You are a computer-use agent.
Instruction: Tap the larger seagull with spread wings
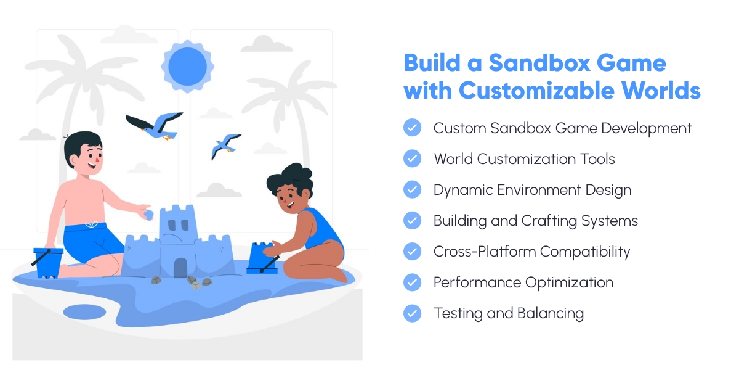tap(157, 125)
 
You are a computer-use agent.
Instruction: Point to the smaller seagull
tap(224, 146)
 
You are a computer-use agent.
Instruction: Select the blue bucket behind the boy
tap(47, 261)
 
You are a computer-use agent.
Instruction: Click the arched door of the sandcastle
tap(180, 268)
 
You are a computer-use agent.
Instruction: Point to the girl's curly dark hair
tap(290, 179)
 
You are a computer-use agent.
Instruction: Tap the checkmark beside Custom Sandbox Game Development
tap(412, 128)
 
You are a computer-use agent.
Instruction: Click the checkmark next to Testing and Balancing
tap(412, 313)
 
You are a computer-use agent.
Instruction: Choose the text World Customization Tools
tap(524, 159)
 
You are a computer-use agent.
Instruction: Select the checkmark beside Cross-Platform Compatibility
tap(412, 251)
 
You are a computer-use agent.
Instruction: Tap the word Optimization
tap(568, 282)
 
